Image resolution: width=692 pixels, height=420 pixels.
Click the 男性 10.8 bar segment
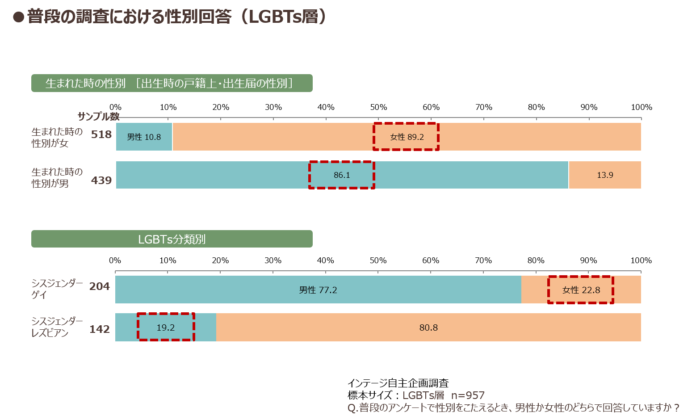(144, 137)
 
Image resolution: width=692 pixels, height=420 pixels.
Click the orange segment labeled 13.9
(605, 175)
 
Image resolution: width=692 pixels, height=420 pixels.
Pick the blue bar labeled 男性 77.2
(318, 290)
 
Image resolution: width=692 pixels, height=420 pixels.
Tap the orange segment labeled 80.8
(428, 327)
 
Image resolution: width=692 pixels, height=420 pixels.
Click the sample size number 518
(101, 134)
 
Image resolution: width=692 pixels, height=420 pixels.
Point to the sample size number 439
(101, 180)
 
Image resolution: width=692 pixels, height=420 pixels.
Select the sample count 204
(100, 286)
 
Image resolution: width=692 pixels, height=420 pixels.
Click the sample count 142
(100, 329)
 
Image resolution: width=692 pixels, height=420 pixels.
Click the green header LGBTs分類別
(172, 239)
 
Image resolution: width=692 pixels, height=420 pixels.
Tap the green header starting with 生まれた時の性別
(172, 83)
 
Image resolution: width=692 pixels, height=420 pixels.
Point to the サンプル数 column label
(98, 117)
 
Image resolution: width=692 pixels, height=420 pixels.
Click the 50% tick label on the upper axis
(378, 107)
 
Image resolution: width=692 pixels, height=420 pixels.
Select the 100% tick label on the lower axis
(641, 260)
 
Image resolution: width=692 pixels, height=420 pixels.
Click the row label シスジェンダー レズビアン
(57, 327)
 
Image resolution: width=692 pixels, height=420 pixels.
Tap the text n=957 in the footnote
(468, 395)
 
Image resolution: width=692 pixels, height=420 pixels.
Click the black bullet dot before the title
(18, 17)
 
